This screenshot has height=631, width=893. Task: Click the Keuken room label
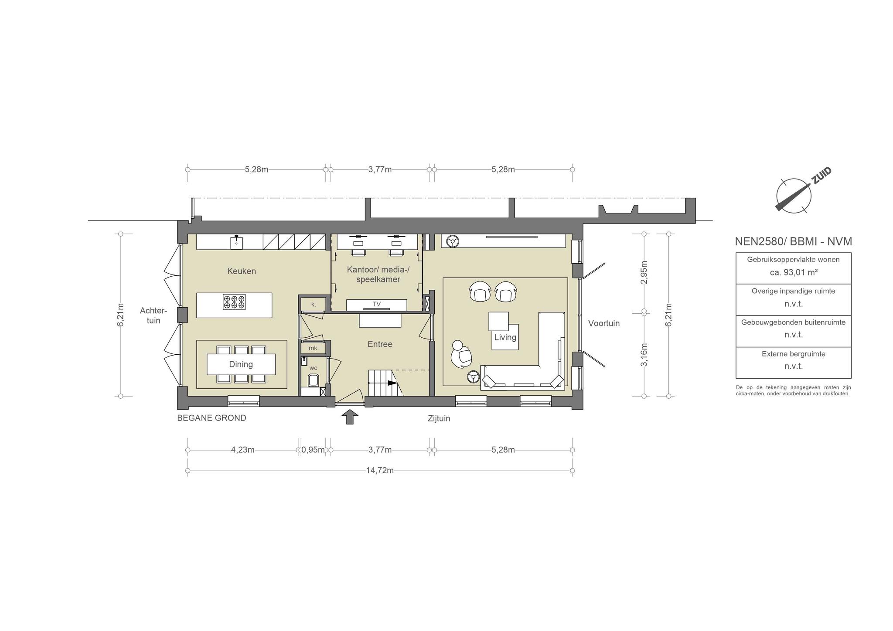(242, 271)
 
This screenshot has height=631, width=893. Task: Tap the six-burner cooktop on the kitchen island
(234, 302)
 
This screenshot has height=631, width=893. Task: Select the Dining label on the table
(241, 364)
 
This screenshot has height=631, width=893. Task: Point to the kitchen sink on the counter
(236, 241)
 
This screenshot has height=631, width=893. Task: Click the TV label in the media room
(376, 304)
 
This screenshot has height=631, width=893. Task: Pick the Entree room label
(380, 344)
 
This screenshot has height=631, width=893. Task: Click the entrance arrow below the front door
(349, 417)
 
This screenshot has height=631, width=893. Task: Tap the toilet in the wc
(313, 381)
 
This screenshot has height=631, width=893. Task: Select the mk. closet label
(314, 348)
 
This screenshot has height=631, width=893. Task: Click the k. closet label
(314, 305)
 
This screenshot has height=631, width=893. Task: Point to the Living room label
(505, 337)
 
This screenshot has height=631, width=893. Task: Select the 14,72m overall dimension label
(380, 471)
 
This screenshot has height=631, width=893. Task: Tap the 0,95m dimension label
(313, 450)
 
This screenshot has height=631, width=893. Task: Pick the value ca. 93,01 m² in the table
(793, 272)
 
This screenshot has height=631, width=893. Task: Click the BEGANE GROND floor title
(211, 418)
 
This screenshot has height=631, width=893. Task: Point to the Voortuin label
(604, 323)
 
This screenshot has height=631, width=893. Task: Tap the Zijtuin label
(439, 419)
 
